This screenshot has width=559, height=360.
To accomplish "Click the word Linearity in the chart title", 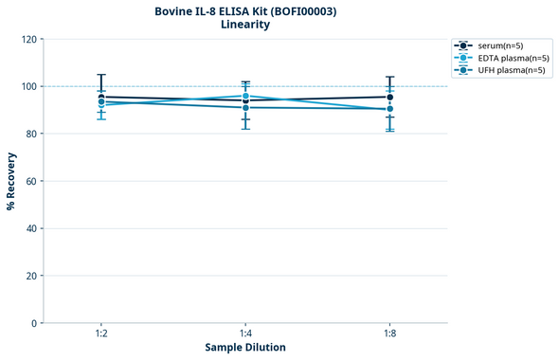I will (244, 25).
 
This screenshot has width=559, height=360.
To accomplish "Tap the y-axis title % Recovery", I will (11, 181).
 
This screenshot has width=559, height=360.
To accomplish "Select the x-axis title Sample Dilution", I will (245, 348).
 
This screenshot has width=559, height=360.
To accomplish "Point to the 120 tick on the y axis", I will (27, 39).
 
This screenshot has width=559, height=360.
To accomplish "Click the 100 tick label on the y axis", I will (27, 86).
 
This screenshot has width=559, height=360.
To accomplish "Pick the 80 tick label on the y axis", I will (30, 134).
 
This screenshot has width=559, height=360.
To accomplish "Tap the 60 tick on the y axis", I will (30, 181).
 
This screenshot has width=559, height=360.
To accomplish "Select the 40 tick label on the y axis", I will (30, 228).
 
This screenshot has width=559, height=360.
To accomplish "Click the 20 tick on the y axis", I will (30, 276).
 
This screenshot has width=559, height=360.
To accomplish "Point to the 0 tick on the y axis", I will (33, 323).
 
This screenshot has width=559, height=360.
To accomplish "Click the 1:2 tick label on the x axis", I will (101, 333).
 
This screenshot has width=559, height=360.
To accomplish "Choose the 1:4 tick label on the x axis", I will (245, 333).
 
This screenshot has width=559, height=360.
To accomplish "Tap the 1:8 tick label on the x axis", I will (389, 333).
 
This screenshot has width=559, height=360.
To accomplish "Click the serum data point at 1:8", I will (389, 97).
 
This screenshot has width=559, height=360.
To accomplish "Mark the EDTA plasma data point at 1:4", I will (245, 96).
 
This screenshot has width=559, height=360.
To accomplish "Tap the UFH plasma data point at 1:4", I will (245, 108).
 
